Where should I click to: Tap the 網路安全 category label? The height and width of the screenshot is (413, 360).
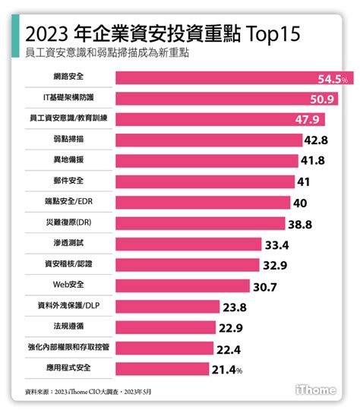69,78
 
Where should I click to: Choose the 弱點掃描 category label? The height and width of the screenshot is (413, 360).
69,140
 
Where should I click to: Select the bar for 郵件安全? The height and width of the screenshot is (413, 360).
205,181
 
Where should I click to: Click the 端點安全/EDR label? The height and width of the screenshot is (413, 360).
69,202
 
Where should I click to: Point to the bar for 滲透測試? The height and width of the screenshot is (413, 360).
191,244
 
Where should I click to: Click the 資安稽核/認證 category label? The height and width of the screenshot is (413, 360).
69,264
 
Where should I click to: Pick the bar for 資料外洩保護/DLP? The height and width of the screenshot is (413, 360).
168,306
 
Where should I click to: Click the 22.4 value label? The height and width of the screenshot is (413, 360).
229,348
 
